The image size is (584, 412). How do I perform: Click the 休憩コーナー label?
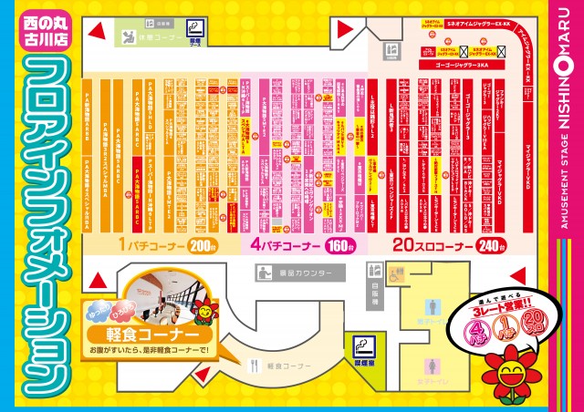[x=150, y=38]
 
